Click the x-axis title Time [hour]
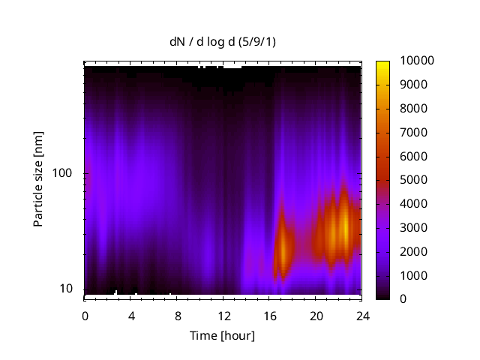click(x=222, y=335)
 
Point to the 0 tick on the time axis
click(x=85, y=315)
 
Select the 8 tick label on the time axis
click(x=177, y=315)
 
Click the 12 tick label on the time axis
click(x=223, y=315)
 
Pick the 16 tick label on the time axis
click(x=269, y=315)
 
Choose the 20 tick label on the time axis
click(x=315, y=315)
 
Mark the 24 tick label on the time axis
click(x=361, y=315)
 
